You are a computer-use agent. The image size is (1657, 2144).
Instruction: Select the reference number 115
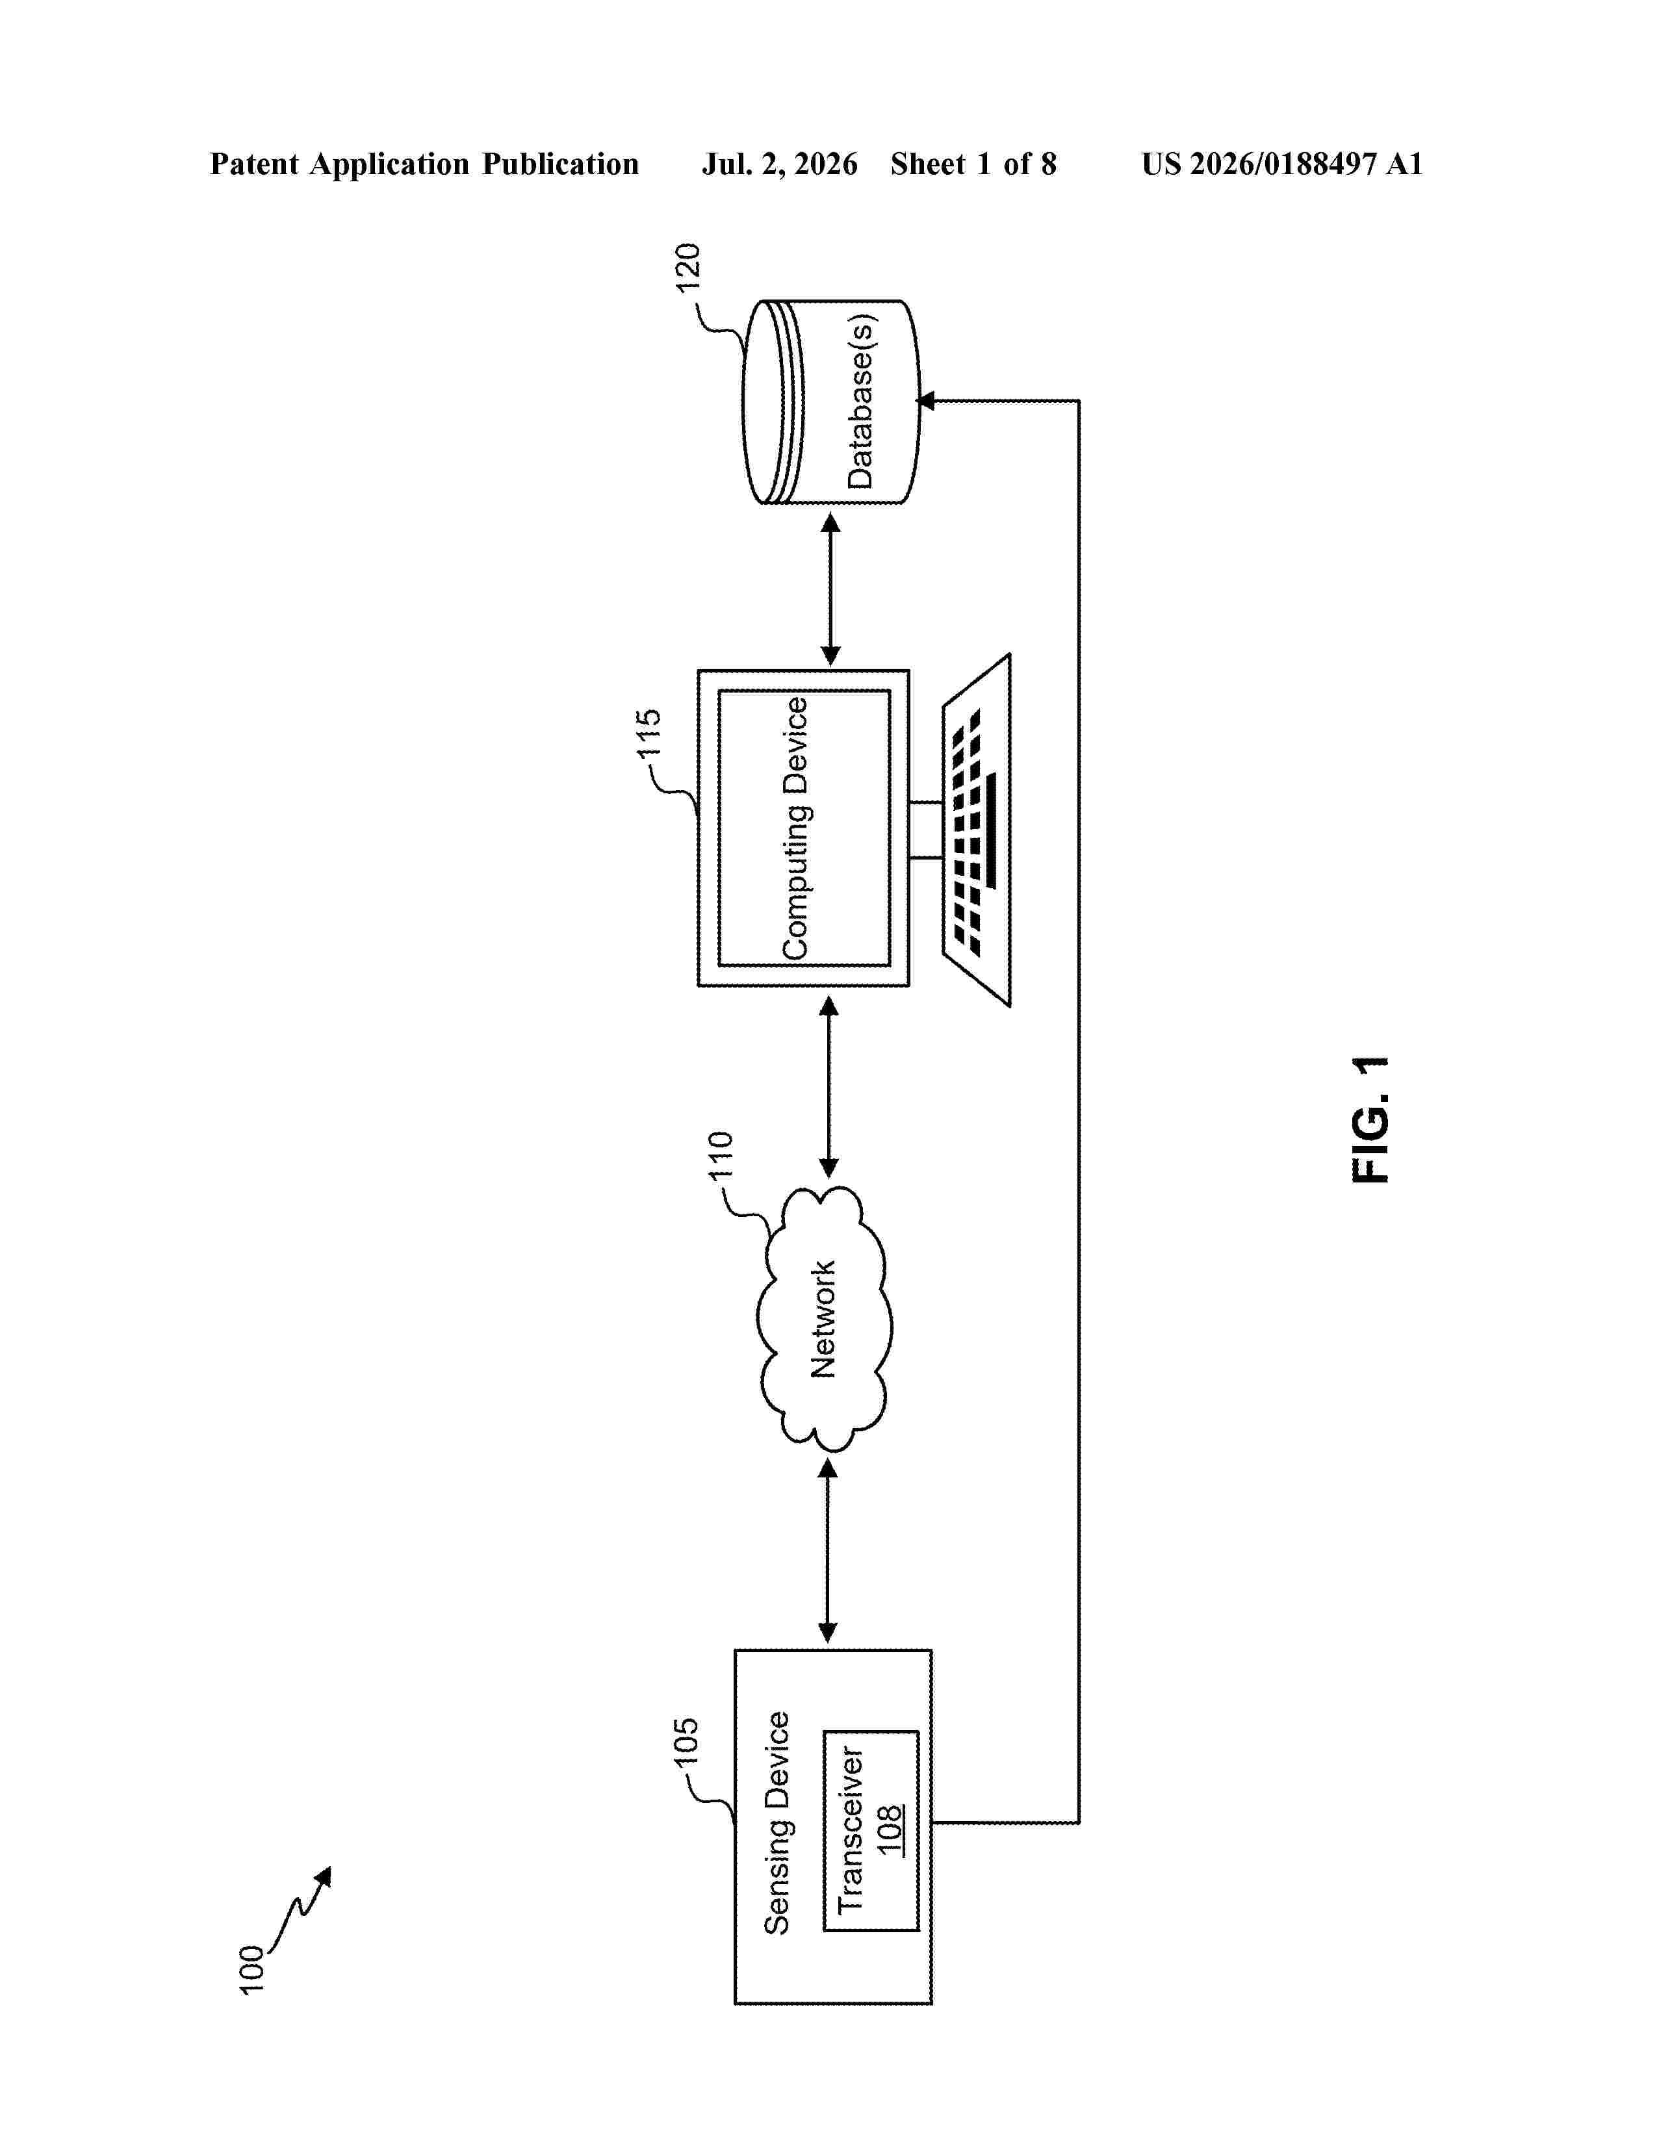(x=649, y=734)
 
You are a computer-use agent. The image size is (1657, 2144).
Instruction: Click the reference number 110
(x=721, y=1155)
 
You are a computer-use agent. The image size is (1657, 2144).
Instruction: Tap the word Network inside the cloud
(x=823, y=1320)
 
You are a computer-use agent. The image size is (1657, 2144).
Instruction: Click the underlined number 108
(x=890, y=1831)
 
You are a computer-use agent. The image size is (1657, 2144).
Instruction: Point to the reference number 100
(x=251, y=1969)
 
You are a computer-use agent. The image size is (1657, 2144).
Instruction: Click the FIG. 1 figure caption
(x=1370, y=1119)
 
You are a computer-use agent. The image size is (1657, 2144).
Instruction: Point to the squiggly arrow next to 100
(x=300, y=1906)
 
